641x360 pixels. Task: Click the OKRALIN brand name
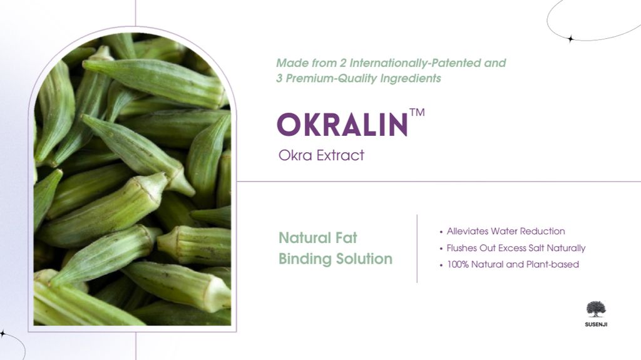(x=342, y=125)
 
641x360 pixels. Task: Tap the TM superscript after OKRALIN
(x=417, y=112)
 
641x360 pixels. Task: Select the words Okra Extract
(x=321, y=155)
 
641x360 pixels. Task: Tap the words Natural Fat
(x=317, y=238)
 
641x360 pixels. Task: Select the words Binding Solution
(x=336, y=259)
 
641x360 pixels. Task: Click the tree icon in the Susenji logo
(x=596, y=309)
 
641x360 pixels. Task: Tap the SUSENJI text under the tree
(x=596, y=324)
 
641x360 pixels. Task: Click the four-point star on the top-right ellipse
(x=571, y=39)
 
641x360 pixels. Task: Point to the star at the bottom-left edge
(x=3, y=334)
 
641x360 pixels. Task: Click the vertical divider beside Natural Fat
(x=417, y=249)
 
